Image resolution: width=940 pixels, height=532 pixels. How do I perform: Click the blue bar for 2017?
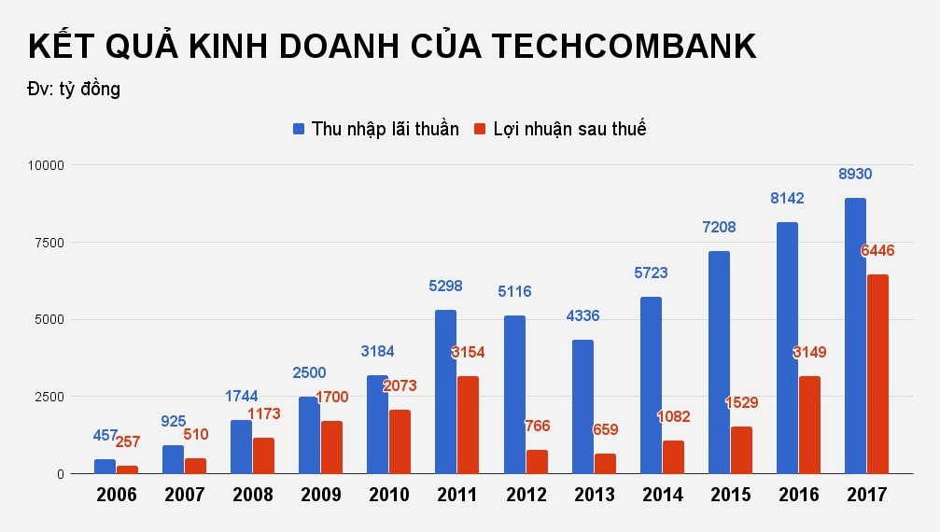pos(855,336)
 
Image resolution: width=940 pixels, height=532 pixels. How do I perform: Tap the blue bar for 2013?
pos(582,407)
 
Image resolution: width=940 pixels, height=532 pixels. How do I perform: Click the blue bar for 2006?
pos(105,467)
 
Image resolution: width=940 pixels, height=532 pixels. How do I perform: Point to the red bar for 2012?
pos(537,462)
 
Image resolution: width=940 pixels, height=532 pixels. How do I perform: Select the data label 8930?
pos(855,175)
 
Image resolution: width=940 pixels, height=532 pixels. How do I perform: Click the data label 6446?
pos(878,251)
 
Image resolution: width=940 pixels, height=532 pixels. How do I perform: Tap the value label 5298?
pos(445,287)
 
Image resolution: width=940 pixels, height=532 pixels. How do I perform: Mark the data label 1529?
pos(741,403)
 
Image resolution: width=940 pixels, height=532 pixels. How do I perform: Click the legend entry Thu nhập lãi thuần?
pos(375,130)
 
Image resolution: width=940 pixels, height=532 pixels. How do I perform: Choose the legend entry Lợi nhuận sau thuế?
pos(560,130)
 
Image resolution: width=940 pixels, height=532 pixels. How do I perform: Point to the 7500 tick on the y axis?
pos(45,243)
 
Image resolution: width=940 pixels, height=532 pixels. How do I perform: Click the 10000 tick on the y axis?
pos(42,165)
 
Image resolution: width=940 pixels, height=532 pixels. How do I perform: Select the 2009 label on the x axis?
pos(320,495)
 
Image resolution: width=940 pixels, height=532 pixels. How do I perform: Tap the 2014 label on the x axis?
pos(662,495)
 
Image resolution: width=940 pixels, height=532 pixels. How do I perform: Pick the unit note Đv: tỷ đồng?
pos(74,90)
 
